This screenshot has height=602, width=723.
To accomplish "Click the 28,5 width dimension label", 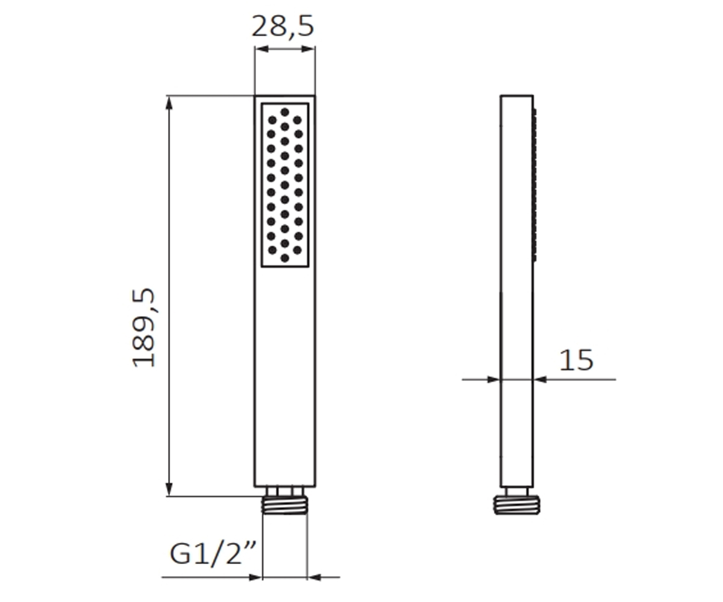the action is (x=283, y=26).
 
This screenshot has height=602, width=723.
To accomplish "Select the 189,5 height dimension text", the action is (x=144, y=327).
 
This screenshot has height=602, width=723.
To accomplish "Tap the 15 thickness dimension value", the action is (x=576, y=360).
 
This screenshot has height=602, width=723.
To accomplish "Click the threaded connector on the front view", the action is (x=284, y=505).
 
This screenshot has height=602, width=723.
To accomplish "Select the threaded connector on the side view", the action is (x=516, y=505).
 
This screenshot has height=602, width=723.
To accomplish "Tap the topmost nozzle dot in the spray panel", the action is (x=284, y=112).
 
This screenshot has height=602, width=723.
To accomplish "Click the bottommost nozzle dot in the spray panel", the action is (x=284, y=258).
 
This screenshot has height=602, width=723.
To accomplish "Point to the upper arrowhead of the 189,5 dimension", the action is (x=169, y=103).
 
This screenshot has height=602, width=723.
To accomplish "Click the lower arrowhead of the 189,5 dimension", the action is (x=169, y=489).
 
